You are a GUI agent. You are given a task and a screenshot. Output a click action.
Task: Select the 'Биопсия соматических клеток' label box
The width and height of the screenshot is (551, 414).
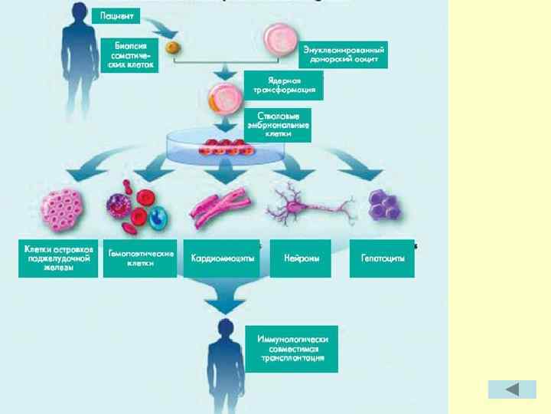pyautogui.click(x=129, y=54)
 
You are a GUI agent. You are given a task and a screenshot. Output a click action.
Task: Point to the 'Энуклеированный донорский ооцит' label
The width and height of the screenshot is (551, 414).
pyautogui.click(x=344, y=54)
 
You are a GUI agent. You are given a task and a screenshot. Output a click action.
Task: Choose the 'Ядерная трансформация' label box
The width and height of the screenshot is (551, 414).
pyautogui.click(x=284, y=85)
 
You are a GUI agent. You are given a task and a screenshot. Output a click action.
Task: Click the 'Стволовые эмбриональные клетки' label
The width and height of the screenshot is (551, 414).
pyautogui.click(x=277, y=125)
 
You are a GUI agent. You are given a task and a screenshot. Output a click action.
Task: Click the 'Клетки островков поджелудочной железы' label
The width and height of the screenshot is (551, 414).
pyautogui.click(x=58, y=258)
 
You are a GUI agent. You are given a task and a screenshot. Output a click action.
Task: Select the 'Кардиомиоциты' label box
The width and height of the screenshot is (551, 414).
pyautogui.click(x=223, y=258)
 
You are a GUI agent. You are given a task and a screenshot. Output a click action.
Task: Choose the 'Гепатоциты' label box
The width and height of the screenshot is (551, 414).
pyautogui.click(x=382, y=258)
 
